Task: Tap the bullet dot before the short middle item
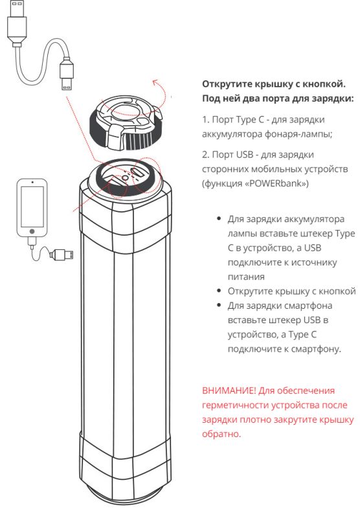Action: (x=219, y=290)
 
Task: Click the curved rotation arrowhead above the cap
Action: (x=153, y=82)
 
